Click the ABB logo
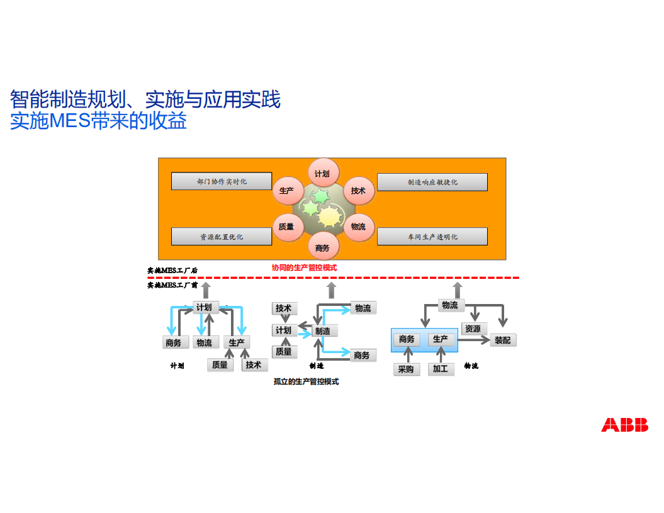click(x=624, y=425)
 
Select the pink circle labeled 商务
click(x=322, y=248)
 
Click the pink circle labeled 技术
click(x=358, y=191)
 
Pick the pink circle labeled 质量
click(x=286, y=227)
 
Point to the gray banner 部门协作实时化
click(x=222, y=181)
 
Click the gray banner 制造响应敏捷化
click(x=432, y=182)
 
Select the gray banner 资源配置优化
click(x=222, y=237)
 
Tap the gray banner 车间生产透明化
click(x=432, y=237)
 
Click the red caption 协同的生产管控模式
click(x=304, y=268)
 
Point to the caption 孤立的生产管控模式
click(x=307, y=381)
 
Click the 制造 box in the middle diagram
click(x=323, y=331)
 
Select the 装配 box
click(x=502, y=340)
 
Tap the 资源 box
click(x=473, y=329)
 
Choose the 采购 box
click(x=406, y=369)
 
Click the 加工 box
click(x=440, y=369)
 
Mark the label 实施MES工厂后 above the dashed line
click(x=172, y=271)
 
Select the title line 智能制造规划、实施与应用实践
click(x=145, y=99)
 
